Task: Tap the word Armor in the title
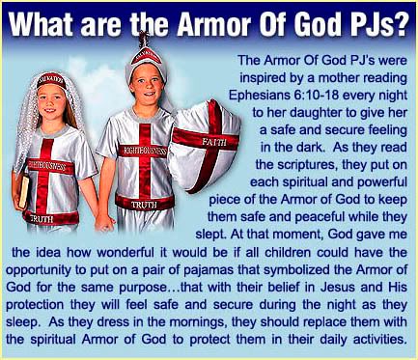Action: tap(214, 23)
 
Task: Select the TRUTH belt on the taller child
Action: tap(145, 203)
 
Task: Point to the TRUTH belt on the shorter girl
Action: tap(51, 218)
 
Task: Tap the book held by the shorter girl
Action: tap(23, 191)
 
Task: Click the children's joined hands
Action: tap(104, 222)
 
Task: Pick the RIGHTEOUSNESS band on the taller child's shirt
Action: tap(143, 151)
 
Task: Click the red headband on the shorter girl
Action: tap(51, 80)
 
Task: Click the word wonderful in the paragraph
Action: tap(125, 252)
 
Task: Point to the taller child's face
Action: tap(147, 84)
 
